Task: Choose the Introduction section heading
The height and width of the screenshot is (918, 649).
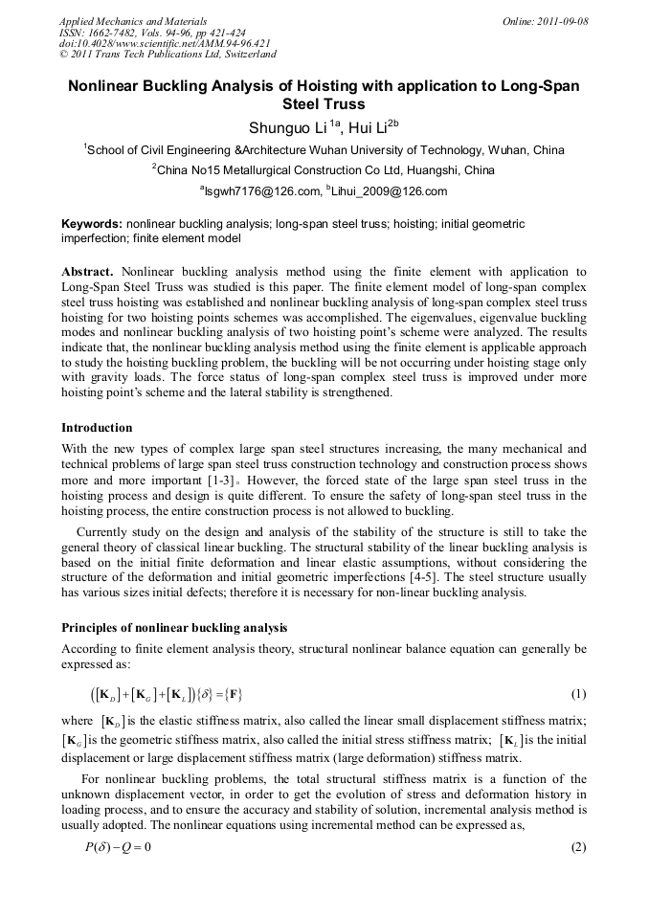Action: (97, 427)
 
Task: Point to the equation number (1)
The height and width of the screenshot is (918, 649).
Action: (577, 693)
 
